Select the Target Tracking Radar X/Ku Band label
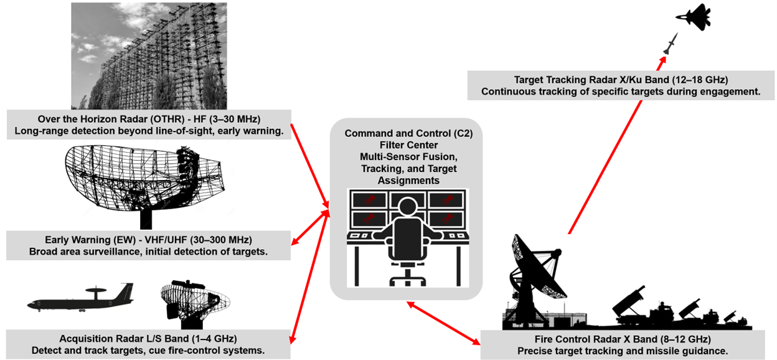click(621, 85)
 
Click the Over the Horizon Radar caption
click(148, 125)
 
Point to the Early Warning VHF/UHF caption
click(148, 245)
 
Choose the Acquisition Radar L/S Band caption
click(148, 344)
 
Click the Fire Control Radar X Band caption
click(623, 345)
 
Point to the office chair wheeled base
click(407, 275)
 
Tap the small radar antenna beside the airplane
click(193, 302)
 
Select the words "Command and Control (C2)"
click(405, 134)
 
